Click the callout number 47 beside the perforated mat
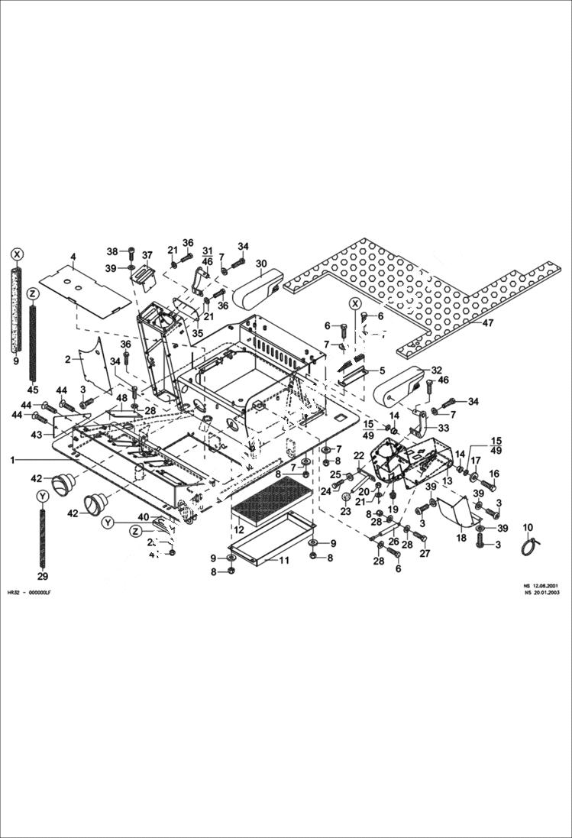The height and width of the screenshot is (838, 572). pos(487,323)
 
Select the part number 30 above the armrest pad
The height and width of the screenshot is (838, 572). pos(261,264)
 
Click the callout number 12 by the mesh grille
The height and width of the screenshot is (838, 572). pos(239,529)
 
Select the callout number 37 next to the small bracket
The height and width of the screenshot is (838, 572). pos(147,255)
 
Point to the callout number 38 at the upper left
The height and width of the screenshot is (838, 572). pos(111,251)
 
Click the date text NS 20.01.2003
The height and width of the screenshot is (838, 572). pos(544,592)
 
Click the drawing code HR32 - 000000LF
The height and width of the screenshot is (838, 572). pos(30,593)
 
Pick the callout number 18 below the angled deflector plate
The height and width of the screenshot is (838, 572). pos(461,538)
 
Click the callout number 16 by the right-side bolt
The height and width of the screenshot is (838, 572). pos(493,474)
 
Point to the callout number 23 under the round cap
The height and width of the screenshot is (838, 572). pos(345,512)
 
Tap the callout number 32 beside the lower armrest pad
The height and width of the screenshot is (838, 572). pos(436,370)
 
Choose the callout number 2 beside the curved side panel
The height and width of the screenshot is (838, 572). pos(67,358)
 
